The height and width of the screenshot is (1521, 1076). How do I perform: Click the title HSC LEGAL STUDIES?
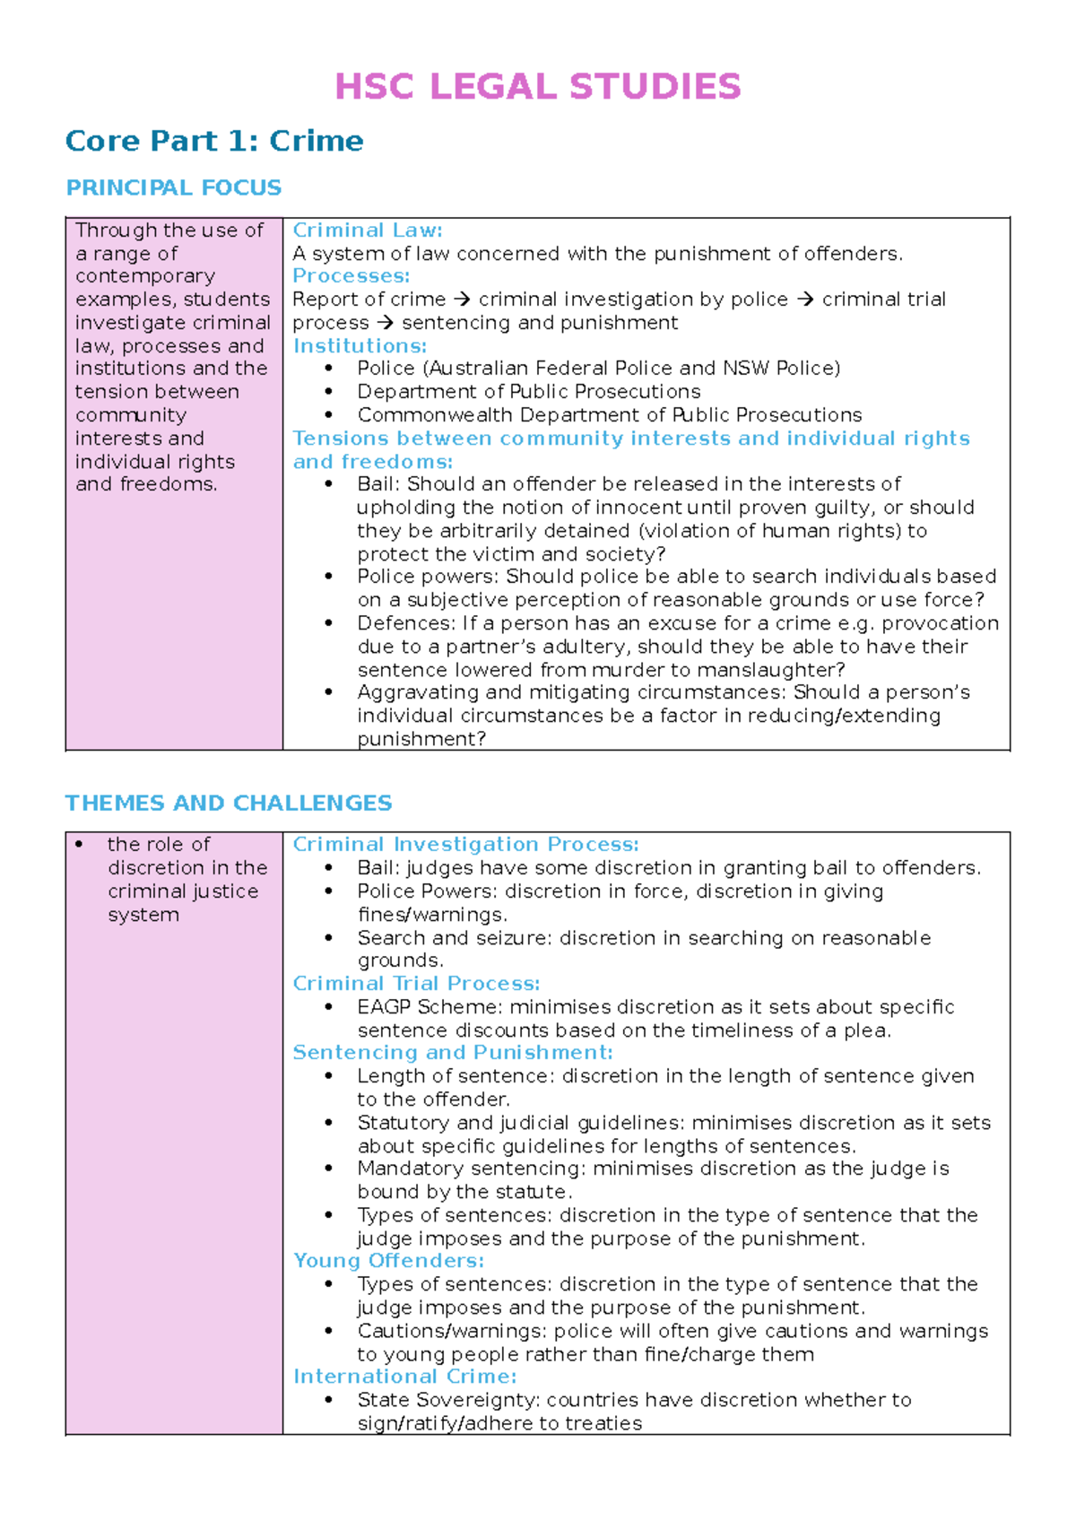point(537,87)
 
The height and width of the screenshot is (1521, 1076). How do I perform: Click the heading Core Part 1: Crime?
point(214,141)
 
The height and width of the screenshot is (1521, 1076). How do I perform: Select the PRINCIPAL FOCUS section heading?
point(173,187)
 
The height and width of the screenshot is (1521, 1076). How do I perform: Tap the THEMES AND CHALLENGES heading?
point(229,803)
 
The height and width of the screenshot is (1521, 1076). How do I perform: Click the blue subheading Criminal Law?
point(368,230)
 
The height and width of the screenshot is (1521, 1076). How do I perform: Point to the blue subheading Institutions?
point(360,346)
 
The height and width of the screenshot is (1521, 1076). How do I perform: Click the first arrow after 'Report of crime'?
point(462,300)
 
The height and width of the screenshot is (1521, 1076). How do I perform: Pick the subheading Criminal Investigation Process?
point(465,845)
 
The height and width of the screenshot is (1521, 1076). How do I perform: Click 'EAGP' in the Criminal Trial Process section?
point(384,1007)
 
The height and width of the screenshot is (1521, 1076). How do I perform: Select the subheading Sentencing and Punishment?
point(453,1053)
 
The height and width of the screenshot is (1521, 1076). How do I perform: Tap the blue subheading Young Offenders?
point(388,1261)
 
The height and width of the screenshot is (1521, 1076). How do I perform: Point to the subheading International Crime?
point(404,1377)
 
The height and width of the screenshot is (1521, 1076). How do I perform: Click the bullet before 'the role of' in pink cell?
point(80,845)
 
